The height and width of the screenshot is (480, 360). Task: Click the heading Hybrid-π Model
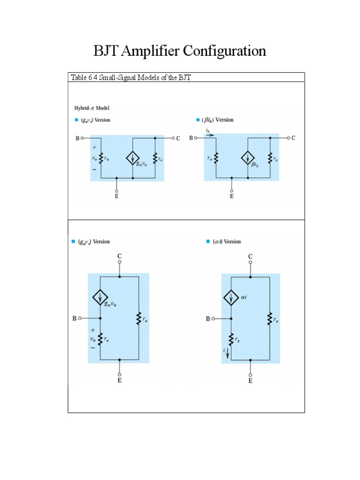[x=92, y=108]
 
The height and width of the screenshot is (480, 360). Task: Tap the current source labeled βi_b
[x=247, y=158]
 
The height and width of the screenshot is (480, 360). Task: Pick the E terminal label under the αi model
[x=250, y=381]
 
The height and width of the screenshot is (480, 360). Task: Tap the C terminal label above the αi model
[x=250, y=256]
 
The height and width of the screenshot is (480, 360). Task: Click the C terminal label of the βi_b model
[x=293, y=138]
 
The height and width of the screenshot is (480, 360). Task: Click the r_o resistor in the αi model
[x=270, y=320]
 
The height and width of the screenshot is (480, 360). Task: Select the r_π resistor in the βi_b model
[x=216, y=158]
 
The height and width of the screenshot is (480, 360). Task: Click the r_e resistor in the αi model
[x=231, y=338]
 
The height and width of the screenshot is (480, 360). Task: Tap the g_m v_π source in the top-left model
[x=133, y=158]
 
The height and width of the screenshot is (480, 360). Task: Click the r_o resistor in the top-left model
[x=155, y=158]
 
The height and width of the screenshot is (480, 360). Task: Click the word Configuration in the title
[x=224, y=51]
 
